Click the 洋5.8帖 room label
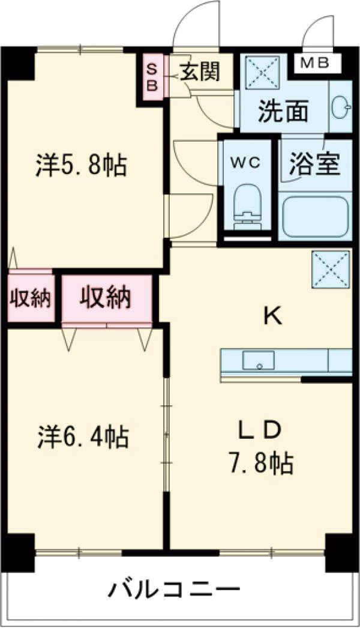tap(82, 165)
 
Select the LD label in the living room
tap(260, 430)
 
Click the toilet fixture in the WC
tap(247, 206)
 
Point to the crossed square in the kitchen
tap(331, 268)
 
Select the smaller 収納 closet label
tap(30, 298)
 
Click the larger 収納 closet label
tap(107, 297)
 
